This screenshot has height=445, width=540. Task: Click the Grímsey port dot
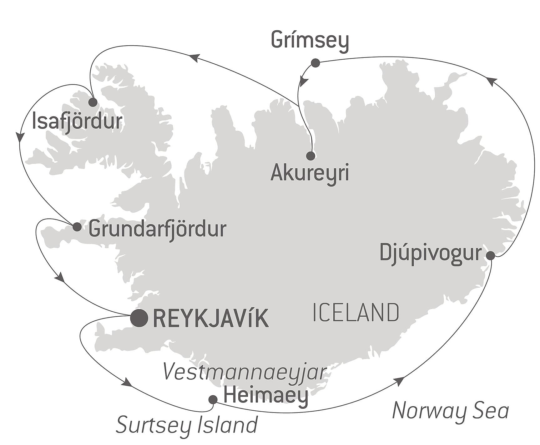(x=315, y=63)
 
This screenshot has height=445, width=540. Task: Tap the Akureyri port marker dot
(x=310, y=156)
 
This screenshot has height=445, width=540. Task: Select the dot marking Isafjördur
(x=93, y=102)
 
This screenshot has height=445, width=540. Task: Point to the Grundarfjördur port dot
(x=77, y=227)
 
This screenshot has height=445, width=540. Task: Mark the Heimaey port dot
(x=213, y=399)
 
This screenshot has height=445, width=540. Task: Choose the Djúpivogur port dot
(x=491, y=256)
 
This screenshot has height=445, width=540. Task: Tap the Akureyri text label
(x=310, y=173)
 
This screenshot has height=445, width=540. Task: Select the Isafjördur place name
(x=77, y=122)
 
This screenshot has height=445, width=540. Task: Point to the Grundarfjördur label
(x=157, y=230)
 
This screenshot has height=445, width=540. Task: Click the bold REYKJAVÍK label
(x=211, y=319)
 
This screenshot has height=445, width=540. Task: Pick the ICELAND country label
(x=356, y=313)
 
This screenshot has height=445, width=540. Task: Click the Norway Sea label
(x=451, y=411)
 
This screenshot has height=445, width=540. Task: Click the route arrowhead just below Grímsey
(x=303, y=82)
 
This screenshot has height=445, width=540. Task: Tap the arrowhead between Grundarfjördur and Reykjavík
(x=60, y=277)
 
